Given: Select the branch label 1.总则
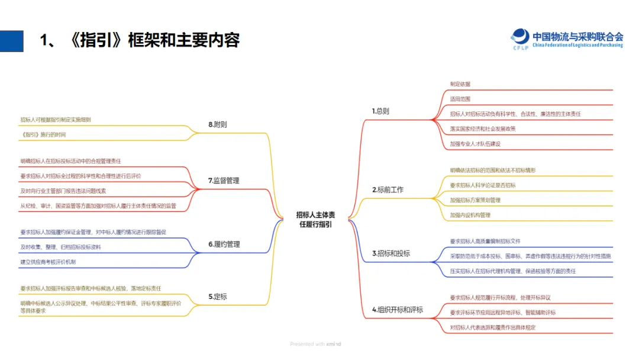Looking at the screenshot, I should pos(380,111).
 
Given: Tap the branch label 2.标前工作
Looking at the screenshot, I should pos(388,189).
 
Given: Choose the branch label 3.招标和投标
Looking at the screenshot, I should pos(391,253).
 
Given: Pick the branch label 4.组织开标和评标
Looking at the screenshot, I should pos(397,309).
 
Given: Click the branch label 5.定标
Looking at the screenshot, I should pos(218,296).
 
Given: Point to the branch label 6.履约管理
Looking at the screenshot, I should pos(224,244).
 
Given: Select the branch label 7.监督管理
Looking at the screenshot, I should pos(224,181).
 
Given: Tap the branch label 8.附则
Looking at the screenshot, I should pos(218,125).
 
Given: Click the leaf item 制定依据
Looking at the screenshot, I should pos(460,84).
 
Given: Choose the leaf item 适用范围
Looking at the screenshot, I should pos(460,99).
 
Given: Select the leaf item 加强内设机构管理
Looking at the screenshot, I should pos(470,215).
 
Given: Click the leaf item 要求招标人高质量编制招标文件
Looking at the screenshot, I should pos(485,241).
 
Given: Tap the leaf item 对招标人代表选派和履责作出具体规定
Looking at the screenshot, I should pos(493,327).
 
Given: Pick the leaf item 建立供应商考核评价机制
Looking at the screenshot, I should pos(48,262).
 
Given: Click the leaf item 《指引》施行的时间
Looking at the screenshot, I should pos(43,134).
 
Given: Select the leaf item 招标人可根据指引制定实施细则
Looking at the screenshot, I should pos(56,120).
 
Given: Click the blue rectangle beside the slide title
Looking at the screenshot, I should pos(12,40).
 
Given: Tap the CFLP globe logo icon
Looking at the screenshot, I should pos(520,37).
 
